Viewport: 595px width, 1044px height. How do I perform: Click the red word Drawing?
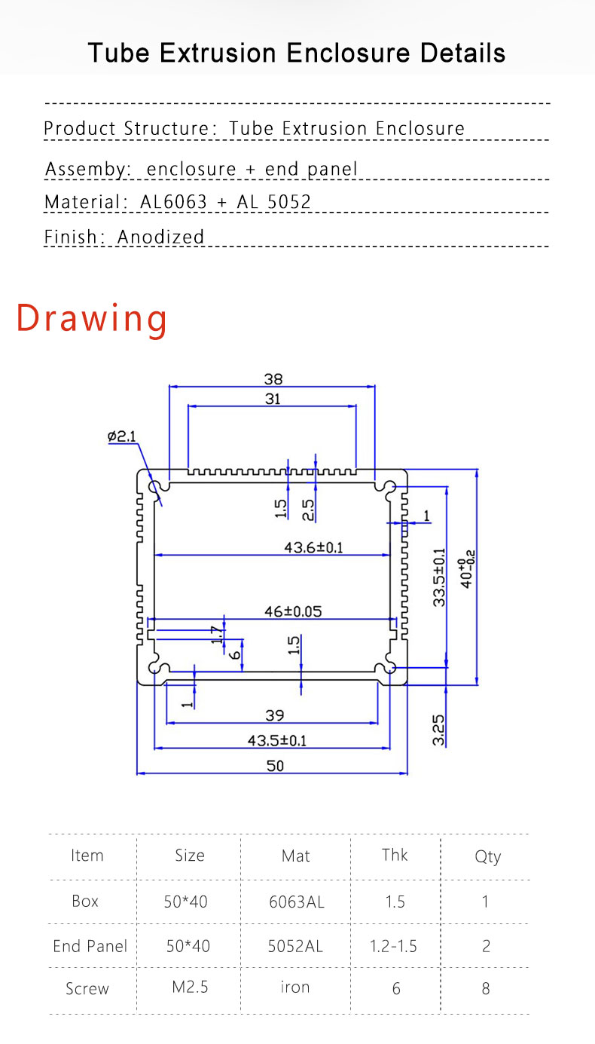[92, 318]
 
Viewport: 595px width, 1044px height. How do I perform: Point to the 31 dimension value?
[272, 399]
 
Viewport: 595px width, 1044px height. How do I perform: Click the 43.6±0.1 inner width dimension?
[313, 547]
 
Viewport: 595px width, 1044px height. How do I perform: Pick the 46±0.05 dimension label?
[292, 611]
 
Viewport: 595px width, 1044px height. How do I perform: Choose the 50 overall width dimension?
[275, 766]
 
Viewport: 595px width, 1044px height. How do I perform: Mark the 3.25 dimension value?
[439, 730]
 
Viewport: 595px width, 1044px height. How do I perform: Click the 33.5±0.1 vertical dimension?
[439, 576]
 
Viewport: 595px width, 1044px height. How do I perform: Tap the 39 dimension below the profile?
[273, 715]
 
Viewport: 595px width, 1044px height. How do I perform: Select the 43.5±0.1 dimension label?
[277, 740]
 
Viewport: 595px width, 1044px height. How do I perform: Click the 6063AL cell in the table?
[296, 902]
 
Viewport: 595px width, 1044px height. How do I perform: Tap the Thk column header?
[395, 855]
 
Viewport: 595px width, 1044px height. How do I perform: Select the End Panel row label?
[90, 945]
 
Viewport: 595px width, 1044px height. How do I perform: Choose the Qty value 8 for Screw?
[486, 987]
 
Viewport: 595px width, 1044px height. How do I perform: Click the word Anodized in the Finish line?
[160, 237]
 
